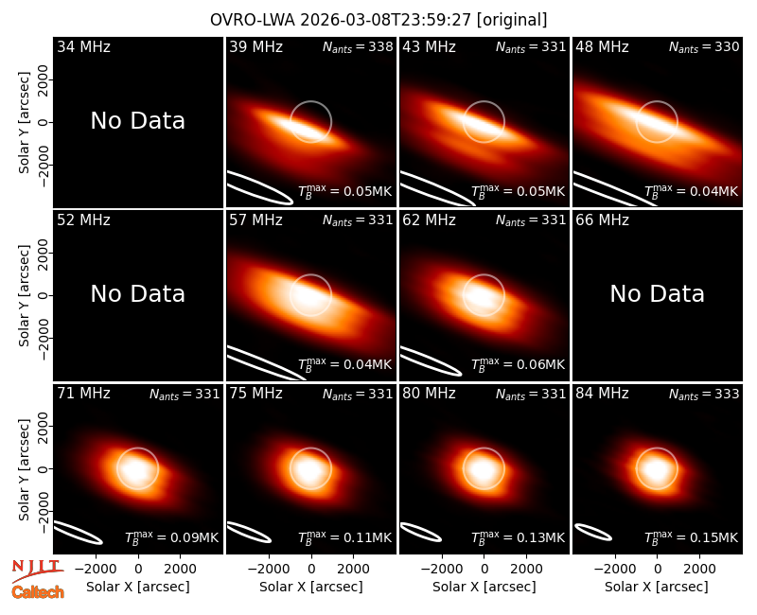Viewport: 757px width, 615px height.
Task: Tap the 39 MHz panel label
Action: (x=255, y=46)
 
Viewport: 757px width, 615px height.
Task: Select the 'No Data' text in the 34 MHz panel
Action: (x=138, y=121)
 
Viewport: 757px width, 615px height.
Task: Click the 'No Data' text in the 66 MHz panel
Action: (x=658, y=294)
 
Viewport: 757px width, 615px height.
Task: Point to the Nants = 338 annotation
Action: (x=358, y=46)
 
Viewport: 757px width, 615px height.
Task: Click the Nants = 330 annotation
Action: (x=704, y=46)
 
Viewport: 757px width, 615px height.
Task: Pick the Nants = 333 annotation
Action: (x=704, y=394)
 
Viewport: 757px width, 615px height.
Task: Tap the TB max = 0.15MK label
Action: (x=692, y=536)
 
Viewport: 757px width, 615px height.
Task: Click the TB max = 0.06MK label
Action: (x=518, y=363)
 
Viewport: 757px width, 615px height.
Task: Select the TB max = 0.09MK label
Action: (x=172, y=536)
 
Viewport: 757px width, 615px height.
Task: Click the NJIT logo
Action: (x=37, y=570)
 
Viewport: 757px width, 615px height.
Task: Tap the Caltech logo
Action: (x=38, y=592)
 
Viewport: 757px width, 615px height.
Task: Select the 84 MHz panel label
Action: (x=602, y=394)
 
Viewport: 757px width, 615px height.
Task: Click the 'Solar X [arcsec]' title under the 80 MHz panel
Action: (x=484, y=587)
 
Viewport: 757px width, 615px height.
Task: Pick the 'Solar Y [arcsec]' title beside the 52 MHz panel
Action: (x=25, y=295)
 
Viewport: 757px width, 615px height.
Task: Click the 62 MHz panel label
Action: (x=430, y=220)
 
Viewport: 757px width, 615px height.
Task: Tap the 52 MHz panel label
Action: (x=83, y=220)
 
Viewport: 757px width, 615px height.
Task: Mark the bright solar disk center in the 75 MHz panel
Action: (x=309, y=469)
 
